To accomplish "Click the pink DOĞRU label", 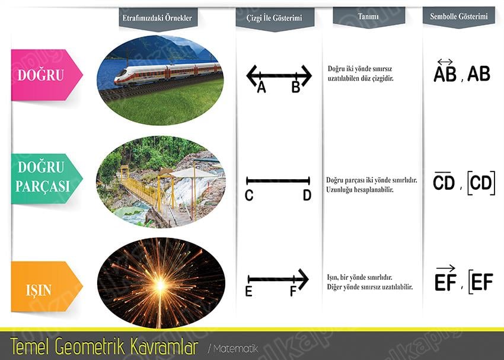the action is point(47,75).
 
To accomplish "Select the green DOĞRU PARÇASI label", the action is point(47,179).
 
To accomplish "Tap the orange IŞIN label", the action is point(47,286).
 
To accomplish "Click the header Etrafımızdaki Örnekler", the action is point(157,18).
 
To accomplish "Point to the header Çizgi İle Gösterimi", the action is point(275,18).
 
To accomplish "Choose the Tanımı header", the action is point(368,16).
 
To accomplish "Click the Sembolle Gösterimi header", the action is point(459,16).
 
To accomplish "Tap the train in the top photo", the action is point(168,75).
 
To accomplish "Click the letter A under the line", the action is point(261,87).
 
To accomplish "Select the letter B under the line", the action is point(296,87).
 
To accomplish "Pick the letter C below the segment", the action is point(249,195).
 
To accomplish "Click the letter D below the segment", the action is point(307,195).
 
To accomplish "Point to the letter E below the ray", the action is point(248,291).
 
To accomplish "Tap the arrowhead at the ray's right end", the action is point(304,279).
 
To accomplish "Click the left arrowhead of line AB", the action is point(251,75).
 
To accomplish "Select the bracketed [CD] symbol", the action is point(481,183).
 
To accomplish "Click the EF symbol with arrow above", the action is point(445,278).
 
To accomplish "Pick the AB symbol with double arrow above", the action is point(445,71).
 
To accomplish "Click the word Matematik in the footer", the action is point(236,348).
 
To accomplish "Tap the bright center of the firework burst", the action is point(160,285).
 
